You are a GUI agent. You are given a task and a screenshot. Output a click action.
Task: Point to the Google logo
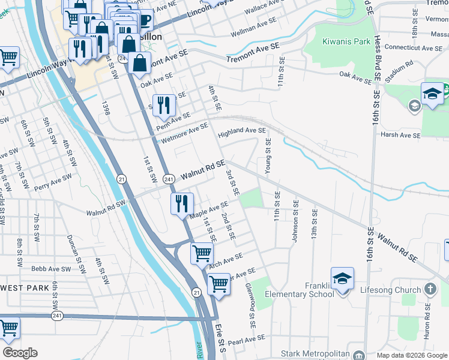20,353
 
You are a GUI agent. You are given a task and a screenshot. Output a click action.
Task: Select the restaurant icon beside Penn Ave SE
164,105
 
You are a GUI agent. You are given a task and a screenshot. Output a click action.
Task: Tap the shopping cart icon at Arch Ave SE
202,253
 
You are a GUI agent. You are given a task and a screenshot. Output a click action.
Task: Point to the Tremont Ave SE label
253,53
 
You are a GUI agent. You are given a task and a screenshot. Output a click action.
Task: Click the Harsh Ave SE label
400,135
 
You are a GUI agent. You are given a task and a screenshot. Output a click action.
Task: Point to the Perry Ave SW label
53,183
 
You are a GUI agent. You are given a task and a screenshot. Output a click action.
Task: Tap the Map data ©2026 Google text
411,355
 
